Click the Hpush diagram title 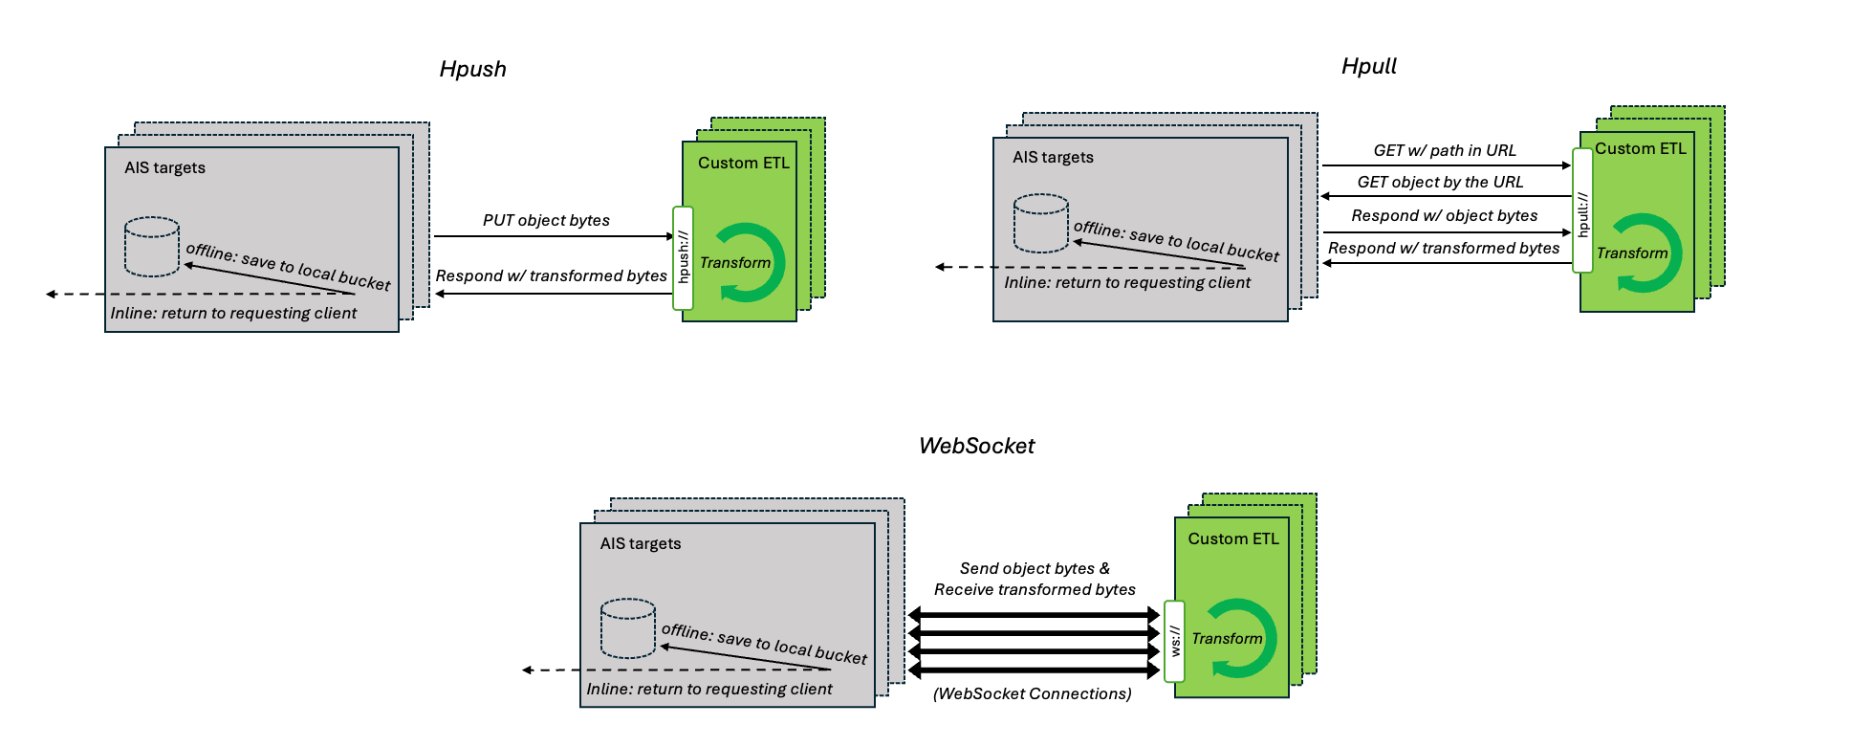[472, 69]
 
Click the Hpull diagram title [1368, 66]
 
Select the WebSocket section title [976, 446]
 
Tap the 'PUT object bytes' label [546, 220]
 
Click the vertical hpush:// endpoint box [683, 257]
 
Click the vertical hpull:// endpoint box [1582, 210]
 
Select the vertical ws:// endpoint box [1174, 641]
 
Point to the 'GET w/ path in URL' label [1444, 150]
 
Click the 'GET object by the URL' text [1440, 182]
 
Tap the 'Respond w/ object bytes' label [1444, 215]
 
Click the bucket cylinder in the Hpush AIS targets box [152, 247]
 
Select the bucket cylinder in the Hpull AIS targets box [1040, 223]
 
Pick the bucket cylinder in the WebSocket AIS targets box [627, 628]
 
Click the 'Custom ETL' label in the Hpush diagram [743, 163]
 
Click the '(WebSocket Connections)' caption [1032, 693]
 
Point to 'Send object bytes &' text [1035, 568]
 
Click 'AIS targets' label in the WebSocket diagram [640, 543]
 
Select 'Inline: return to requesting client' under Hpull [1126, 282]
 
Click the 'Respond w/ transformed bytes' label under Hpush [551, 275]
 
